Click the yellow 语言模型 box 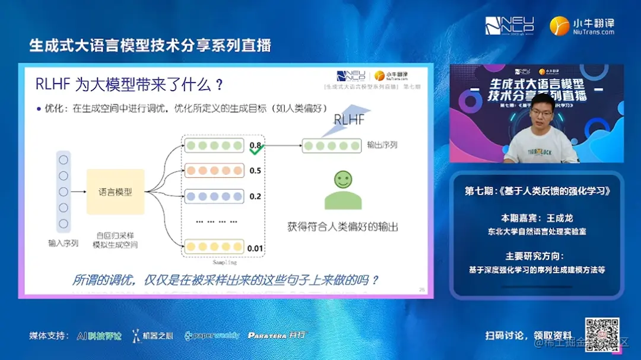115,192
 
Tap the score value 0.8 255,145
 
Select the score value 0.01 255,248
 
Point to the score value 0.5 255,171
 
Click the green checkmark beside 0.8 256,151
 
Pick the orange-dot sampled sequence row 214,170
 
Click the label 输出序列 382,145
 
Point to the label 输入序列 64,244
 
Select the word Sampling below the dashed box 224,262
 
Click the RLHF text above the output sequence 349,119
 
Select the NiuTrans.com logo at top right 582,26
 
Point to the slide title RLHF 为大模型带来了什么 129,85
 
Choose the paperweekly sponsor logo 212,336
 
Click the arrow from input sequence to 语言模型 78,192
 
